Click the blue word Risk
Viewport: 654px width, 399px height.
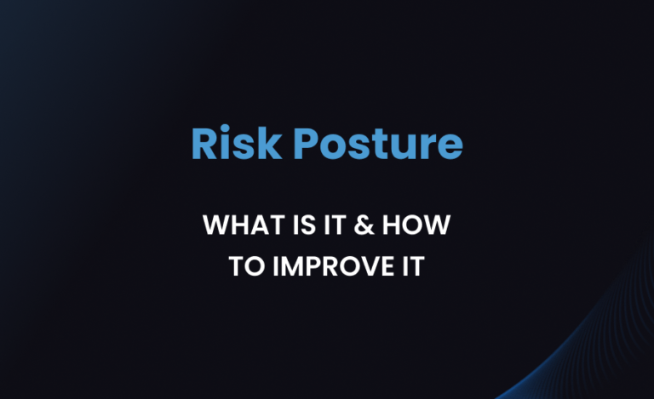tap(237, 145)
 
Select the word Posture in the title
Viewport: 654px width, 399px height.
tap(376, 145)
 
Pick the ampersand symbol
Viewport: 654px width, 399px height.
tap(360, 226)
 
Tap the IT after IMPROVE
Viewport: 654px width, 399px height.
tap(410, 265)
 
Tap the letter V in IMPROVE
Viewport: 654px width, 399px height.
tap(366, 265)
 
